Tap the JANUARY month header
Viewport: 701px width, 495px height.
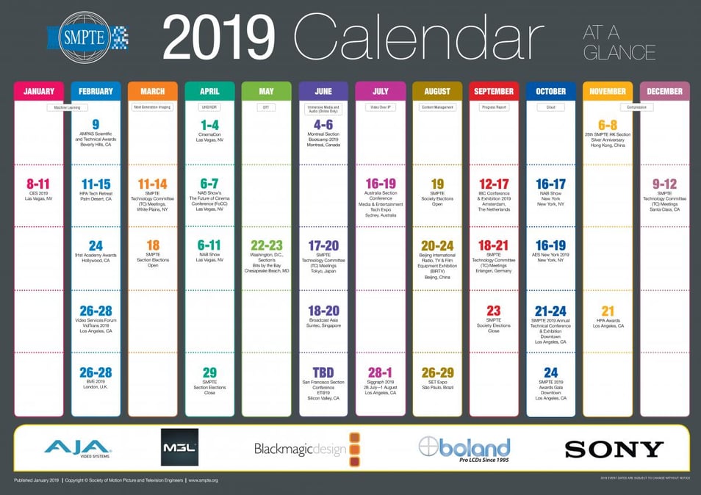(x=39, y=91)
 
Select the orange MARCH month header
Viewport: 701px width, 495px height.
(x=152, y=91)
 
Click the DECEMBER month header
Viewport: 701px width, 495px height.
(x=665, y=91)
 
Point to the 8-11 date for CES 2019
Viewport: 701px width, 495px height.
(x=39, y=184)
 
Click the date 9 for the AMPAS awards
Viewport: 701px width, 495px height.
(x=96, y=124)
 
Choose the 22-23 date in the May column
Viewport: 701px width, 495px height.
(x=266, y=246)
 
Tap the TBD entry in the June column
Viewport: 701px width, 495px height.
(x=323, y=372)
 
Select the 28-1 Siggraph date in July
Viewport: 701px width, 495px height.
(x=381, y=372)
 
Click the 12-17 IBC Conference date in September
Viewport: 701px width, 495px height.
(x=494, y=184)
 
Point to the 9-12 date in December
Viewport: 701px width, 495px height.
(x=665, y=184)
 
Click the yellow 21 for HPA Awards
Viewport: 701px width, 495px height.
(x=608, y=311)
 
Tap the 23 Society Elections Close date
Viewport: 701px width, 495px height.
(x=494, y=311)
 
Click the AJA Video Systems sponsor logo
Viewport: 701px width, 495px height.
(x=77, y=447)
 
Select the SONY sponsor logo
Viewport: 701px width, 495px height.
(x=614, y=449)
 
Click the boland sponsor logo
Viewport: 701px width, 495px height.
(x=464, y=448)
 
